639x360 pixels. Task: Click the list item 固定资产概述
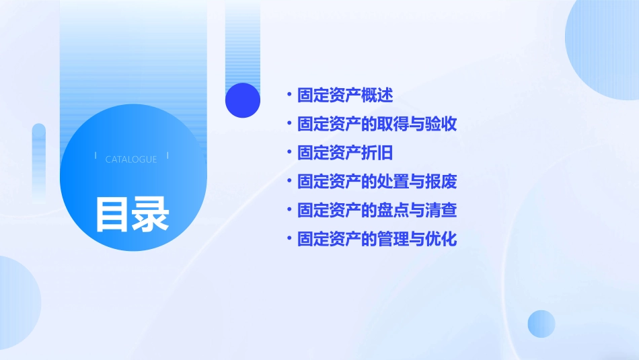tap(345, 95)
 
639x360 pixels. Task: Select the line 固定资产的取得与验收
tap(377, 124)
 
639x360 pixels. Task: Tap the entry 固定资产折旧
tap(345, 153)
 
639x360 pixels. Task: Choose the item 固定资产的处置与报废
tap(377, 182)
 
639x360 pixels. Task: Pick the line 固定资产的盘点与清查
tap(377, 211)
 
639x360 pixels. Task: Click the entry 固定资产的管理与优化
tap(377, 240)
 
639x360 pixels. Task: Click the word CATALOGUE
tap(131, 159)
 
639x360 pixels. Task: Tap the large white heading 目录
tap(132, 214)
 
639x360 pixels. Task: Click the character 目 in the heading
tap(112, 214)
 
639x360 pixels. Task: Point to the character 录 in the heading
tap(151, 214)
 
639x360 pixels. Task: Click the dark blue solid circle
tap(242, 100)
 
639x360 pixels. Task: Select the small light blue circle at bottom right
tap(541, 324)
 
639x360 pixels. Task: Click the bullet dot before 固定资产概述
tap(289, 95)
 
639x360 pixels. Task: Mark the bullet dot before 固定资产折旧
tap(289, 153)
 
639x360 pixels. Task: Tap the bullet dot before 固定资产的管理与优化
tap(289, 240)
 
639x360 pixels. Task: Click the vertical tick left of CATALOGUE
tap(96, 155)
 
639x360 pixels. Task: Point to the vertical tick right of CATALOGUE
tap(167, 155)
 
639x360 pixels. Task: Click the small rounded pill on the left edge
tap(39, 161)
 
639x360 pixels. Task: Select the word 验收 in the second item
tap(441, 124)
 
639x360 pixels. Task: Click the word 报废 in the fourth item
tap(441, 182)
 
